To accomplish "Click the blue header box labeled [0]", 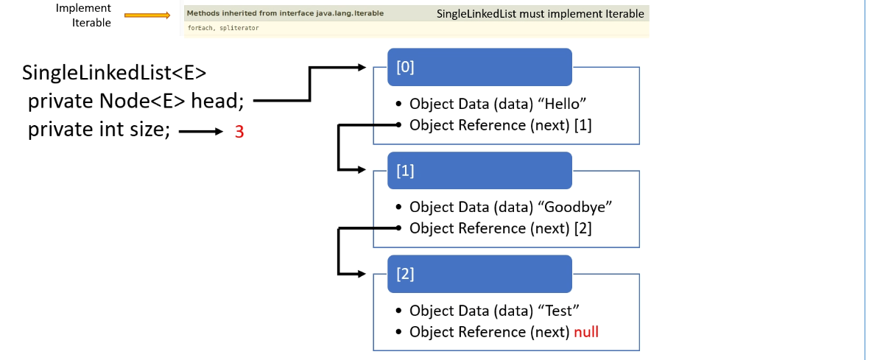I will [x=479, y=66].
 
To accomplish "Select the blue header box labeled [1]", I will [x=479, y=170].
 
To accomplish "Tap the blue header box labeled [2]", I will [x=479, y=273].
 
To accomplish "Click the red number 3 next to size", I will [x=239, y=133].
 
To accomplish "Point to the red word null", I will [x=586, y=332].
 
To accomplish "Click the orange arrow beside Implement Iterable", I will [x=147, y=14].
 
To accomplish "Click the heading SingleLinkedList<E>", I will [x=114, y=73].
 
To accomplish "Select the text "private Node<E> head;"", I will [x=136, y=101].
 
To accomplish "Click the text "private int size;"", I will [x=99, y=130].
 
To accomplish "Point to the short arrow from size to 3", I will [x=200, y=132].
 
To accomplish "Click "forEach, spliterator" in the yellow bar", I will [x=223, y=28].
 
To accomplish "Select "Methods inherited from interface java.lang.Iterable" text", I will [x=285, y=13].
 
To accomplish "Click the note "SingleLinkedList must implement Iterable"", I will [x=540, y=14].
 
